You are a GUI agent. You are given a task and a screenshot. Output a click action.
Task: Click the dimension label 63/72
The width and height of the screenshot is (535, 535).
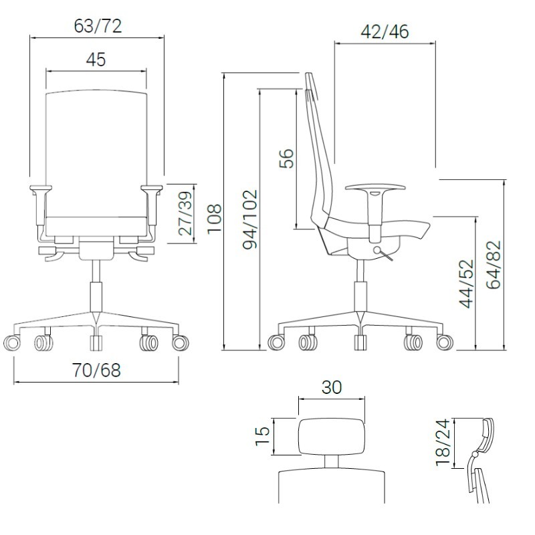coord(97,26)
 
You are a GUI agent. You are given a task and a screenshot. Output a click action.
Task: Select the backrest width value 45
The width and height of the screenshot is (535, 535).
coord(96,60)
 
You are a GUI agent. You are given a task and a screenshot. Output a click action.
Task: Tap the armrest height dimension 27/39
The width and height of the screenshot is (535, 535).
coord(185,214)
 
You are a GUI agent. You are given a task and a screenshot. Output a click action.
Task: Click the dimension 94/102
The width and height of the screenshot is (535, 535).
coord(249,219)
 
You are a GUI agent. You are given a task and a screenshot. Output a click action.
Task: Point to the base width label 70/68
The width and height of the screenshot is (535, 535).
coord(97,370)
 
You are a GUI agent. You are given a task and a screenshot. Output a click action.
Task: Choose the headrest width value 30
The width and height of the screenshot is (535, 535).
coord(331,387)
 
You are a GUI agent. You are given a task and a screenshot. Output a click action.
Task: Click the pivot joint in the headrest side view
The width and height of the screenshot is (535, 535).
coord(474,455)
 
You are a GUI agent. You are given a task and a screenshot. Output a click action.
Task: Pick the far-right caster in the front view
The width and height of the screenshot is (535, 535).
coord(180,343)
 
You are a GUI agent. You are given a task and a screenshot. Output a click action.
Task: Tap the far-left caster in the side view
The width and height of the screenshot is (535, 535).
coord(276,343)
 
